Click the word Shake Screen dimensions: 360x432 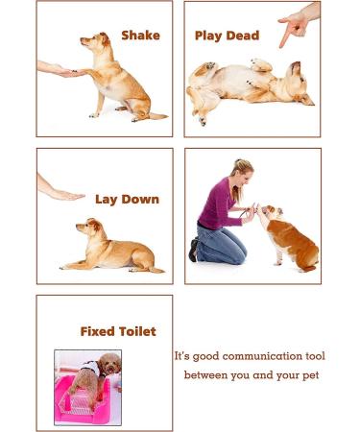point(140,36)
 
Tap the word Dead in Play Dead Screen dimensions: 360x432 point(243,36)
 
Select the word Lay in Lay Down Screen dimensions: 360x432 point(106,200)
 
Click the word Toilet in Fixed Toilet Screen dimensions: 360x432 point(137,331)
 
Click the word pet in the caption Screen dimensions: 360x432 point(311,375)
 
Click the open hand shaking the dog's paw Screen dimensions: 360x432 point(60,69)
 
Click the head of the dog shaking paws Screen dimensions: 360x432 point(95,41)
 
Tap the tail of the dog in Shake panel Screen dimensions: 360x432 point(157,116)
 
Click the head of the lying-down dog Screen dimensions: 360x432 point(89,227)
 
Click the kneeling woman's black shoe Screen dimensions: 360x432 point(193,250)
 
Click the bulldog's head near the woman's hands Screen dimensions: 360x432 point(270,212)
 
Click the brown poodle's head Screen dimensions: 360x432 point(109,364)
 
